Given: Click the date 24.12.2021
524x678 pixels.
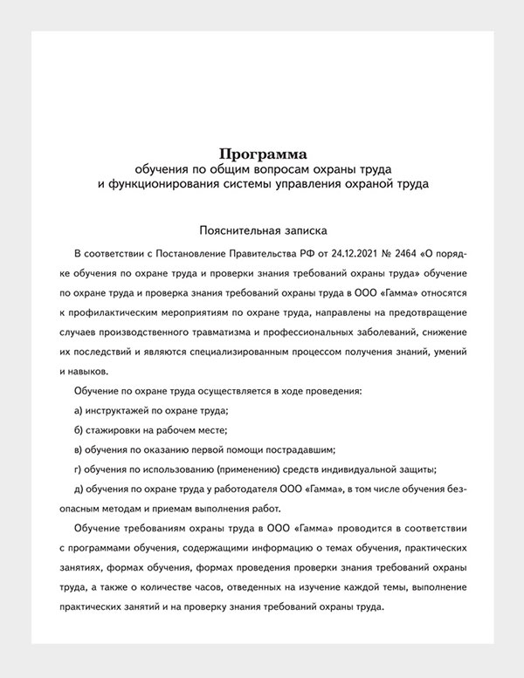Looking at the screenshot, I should point(338,254).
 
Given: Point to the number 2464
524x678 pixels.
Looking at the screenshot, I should point(397,254).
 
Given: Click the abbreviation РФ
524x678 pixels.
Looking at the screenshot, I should point(294,254).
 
